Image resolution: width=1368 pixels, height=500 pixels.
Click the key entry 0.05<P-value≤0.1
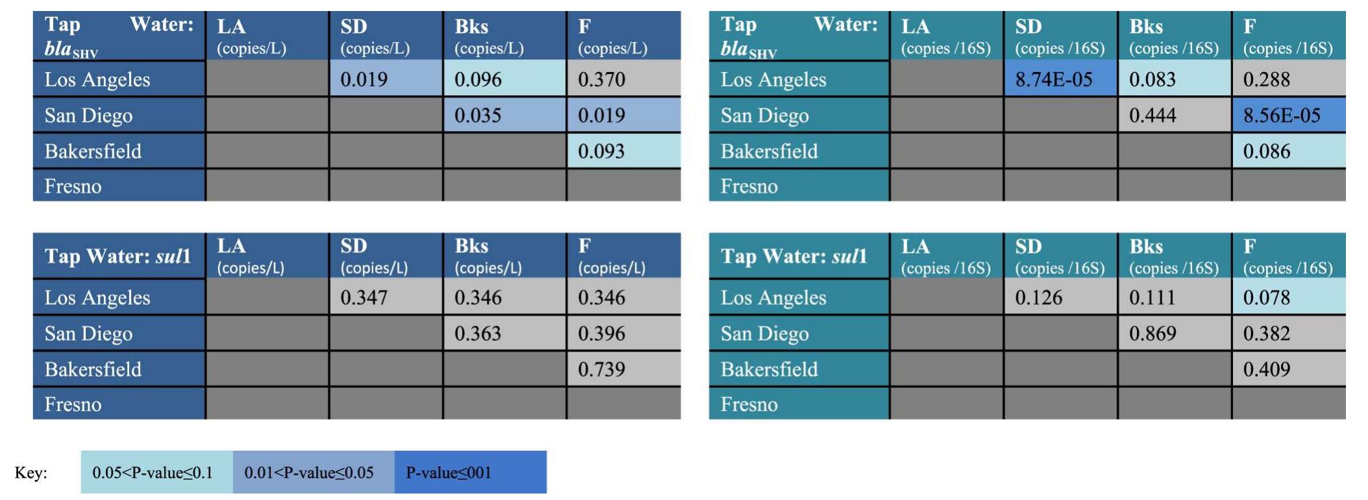[x=153, y=473]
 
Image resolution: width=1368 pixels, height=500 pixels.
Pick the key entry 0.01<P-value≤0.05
[x=309, y=473]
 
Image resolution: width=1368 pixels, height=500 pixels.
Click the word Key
[x=31, y=473]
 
